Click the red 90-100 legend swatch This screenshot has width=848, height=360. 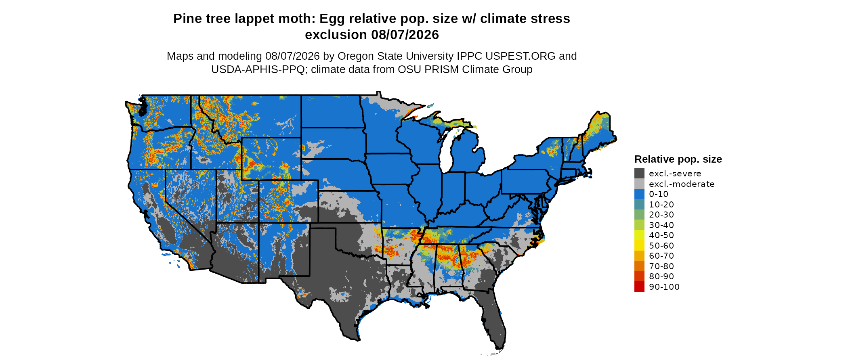pyautogui.click(x=639, y=287)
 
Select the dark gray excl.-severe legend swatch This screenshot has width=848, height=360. pyautogui.click(x=639, y=174)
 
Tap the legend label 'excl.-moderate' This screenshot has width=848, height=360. pyautogui.click(x=682, y=184)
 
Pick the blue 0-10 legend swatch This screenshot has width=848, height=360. pyautogui.click(x=639, y=194)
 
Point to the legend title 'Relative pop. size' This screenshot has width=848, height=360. pyautogui.click(x=678, y=159)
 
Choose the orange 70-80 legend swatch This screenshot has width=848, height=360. pyautogui.click(x=639, y=266)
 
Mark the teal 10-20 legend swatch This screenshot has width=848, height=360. pyautogui.click(x=639, y=204)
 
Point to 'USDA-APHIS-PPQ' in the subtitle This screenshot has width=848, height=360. pyautogui.click(x=258, y=69)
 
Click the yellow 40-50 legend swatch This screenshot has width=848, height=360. pyautogui.click(x=639, y=235)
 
